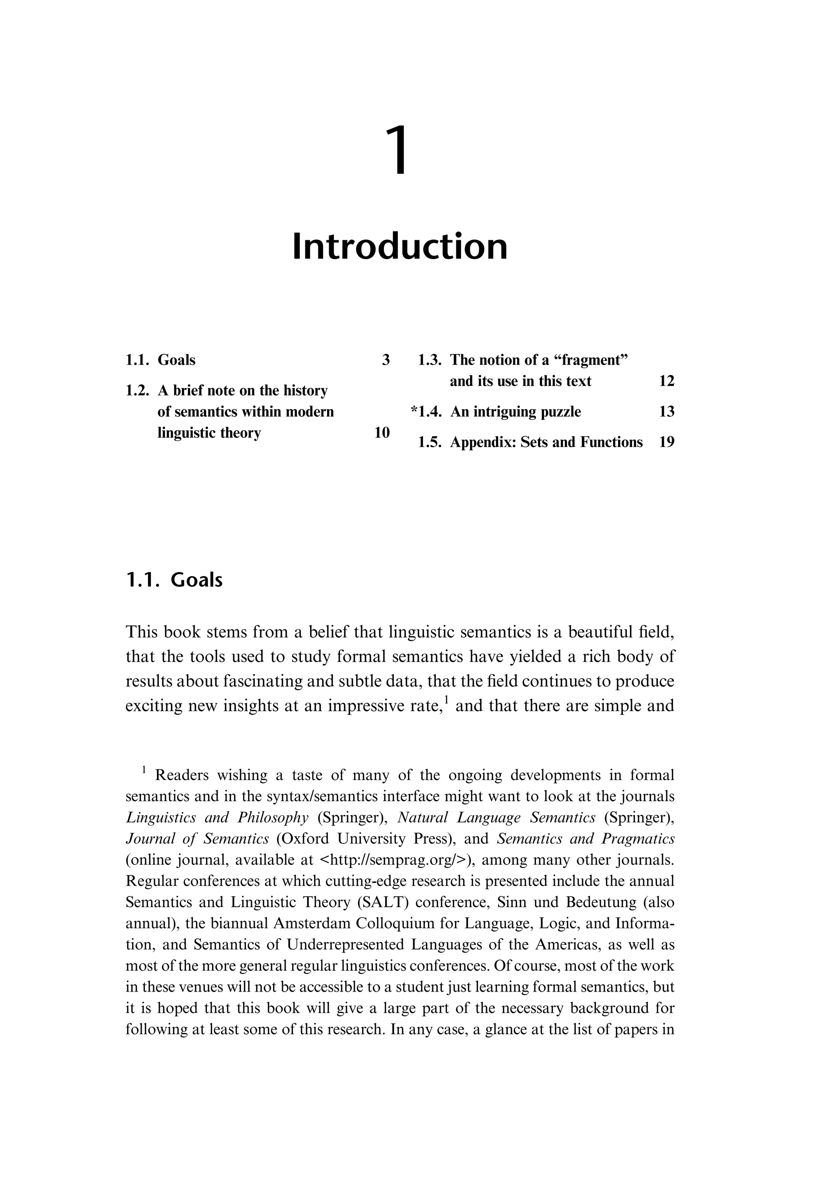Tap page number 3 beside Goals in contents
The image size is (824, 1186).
coord(386,360)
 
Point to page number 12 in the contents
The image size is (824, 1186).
coord(667,381)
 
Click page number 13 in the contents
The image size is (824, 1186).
coord(667,412)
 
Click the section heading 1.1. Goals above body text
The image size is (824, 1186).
coord(174,580)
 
